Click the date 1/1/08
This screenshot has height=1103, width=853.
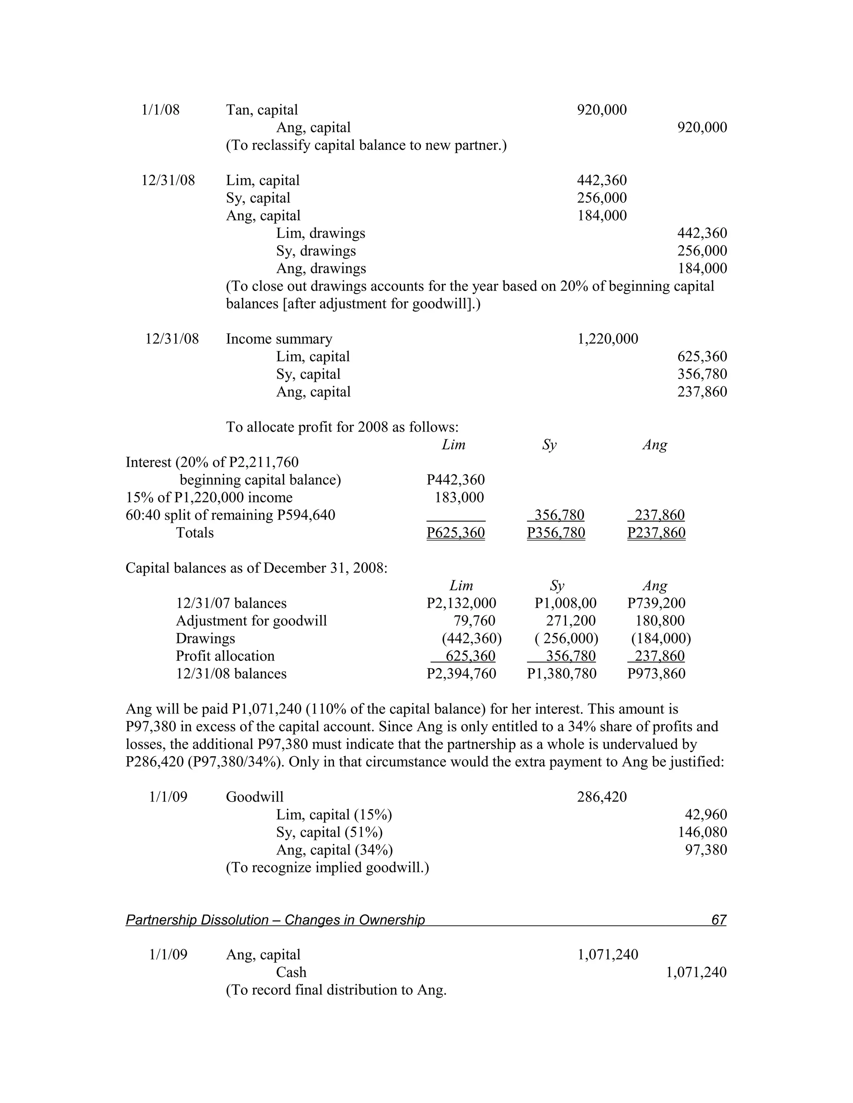[x=160, y=110]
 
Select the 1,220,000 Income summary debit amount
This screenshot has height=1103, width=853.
[x=607, y=339]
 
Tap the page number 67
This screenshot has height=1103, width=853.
[x=718, y=920]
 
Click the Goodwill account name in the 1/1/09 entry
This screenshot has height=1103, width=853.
[x=254, y=797]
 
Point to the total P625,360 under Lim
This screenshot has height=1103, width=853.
[x=455, y=533]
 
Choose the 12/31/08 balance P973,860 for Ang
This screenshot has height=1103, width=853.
[x=656, y=674]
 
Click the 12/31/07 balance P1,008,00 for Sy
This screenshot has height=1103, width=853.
[x=566, y=603]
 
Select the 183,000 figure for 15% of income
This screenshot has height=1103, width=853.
[x=459, y=497]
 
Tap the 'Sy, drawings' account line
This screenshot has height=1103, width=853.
[x=316, y=251]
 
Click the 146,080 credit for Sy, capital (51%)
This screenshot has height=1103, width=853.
[x=702, y=832]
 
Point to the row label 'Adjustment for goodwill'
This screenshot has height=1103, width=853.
[x=251, y=621]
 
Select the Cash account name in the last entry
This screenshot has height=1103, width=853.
[x=291, y=972]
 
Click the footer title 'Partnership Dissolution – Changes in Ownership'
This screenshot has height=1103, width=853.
[x=275, y=920]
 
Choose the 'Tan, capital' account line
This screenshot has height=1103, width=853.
[x=262, y=110]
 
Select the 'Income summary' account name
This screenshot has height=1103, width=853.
[x=279, y=339]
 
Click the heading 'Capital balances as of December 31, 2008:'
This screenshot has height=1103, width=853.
[x=256, y=568]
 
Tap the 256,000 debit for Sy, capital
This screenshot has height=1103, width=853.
[x=601, y=198]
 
